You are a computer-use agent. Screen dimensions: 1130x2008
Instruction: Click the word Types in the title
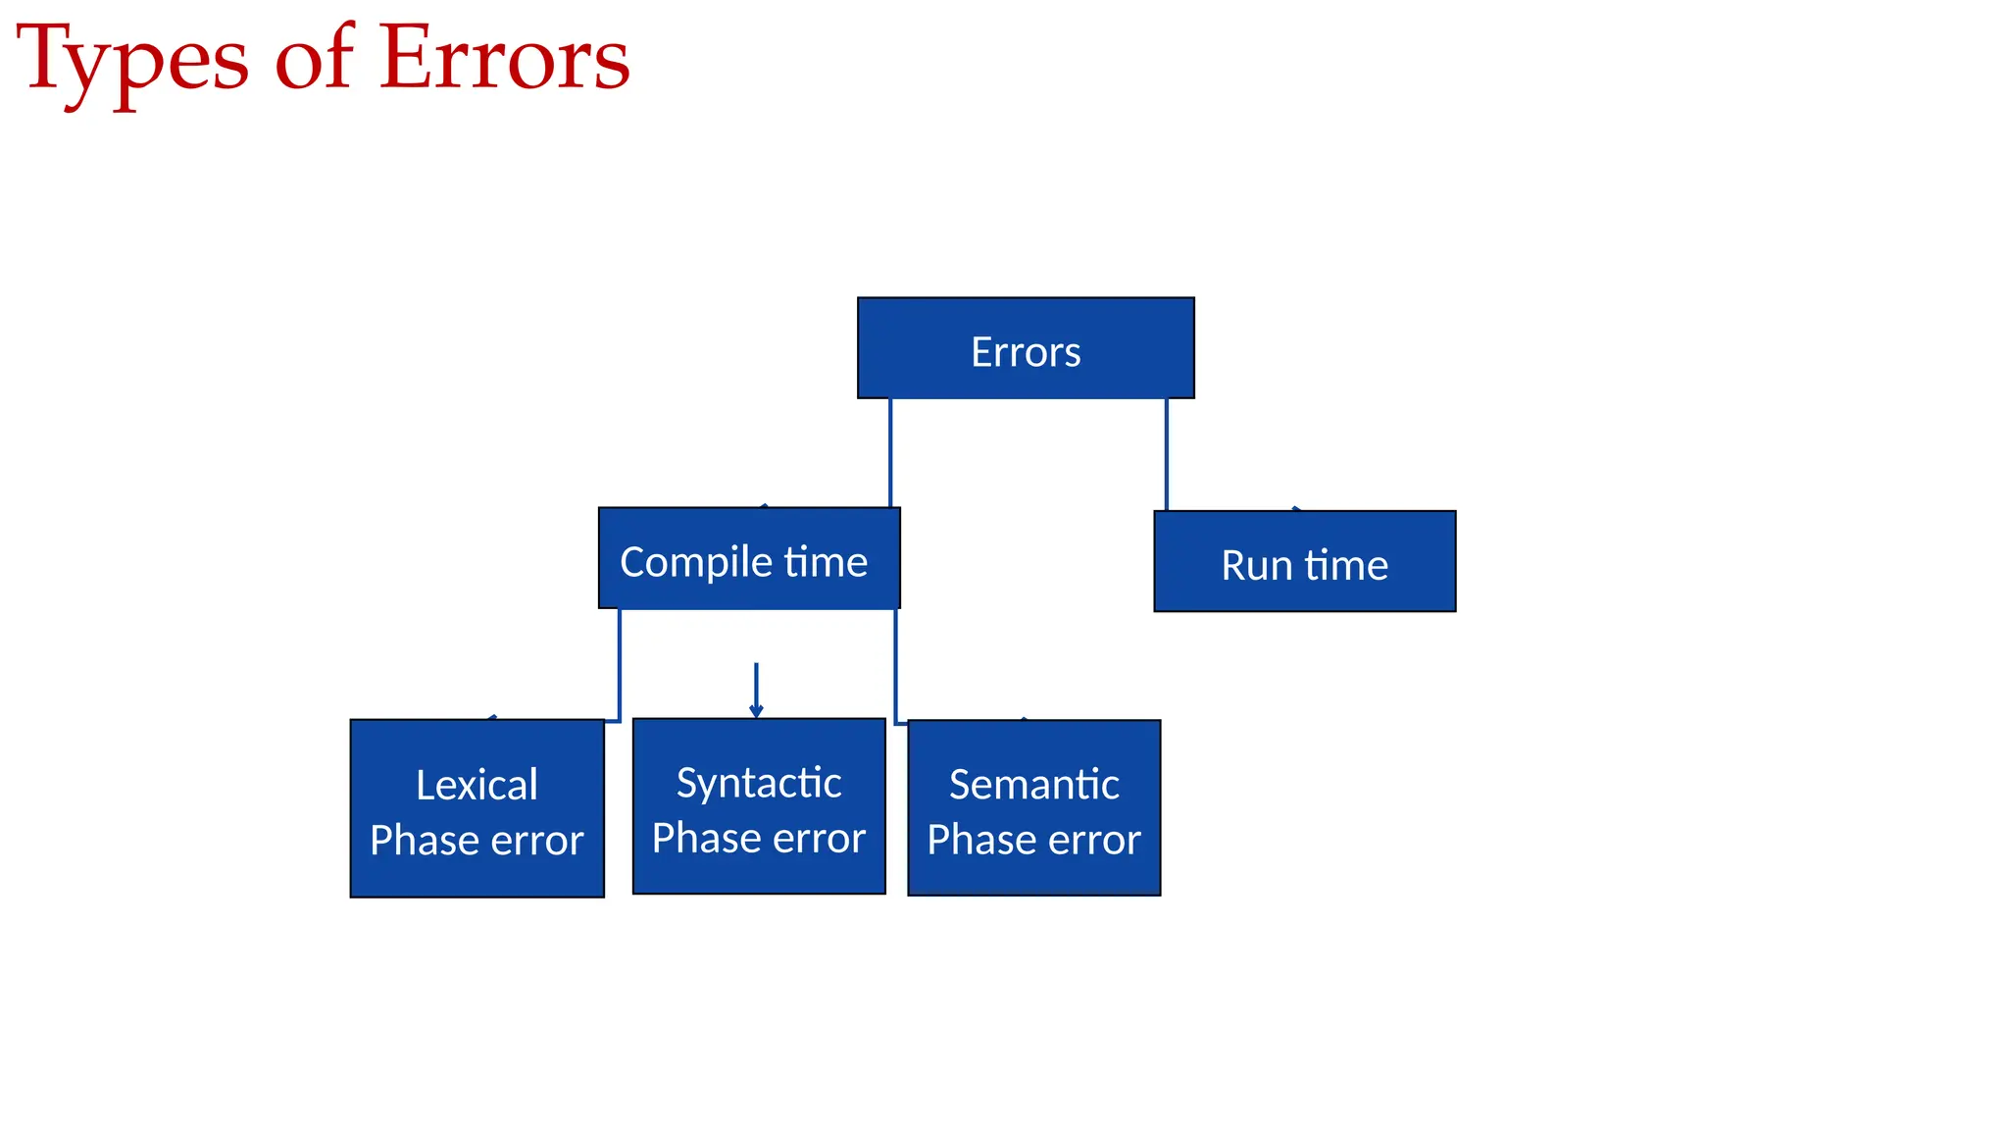132,61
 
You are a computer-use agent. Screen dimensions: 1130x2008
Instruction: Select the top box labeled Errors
1026,349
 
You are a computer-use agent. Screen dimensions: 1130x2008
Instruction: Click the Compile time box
749,559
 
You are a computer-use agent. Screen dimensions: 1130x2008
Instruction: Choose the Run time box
1304,562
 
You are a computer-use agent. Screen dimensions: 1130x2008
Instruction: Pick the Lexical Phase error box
477,808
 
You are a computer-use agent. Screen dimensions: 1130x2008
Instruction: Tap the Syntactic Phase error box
759,806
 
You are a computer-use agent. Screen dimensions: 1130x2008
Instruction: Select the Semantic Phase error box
1033,808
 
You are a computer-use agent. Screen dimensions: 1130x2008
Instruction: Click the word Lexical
477,785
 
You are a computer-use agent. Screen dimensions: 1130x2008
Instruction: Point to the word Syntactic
759,783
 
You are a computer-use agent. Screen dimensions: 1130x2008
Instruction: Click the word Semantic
1033,785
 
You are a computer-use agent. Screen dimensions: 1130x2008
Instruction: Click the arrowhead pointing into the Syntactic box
756,710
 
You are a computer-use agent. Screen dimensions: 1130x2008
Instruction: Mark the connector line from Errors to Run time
1167,453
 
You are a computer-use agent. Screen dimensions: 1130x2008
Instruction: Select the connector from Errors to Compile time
890,451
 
